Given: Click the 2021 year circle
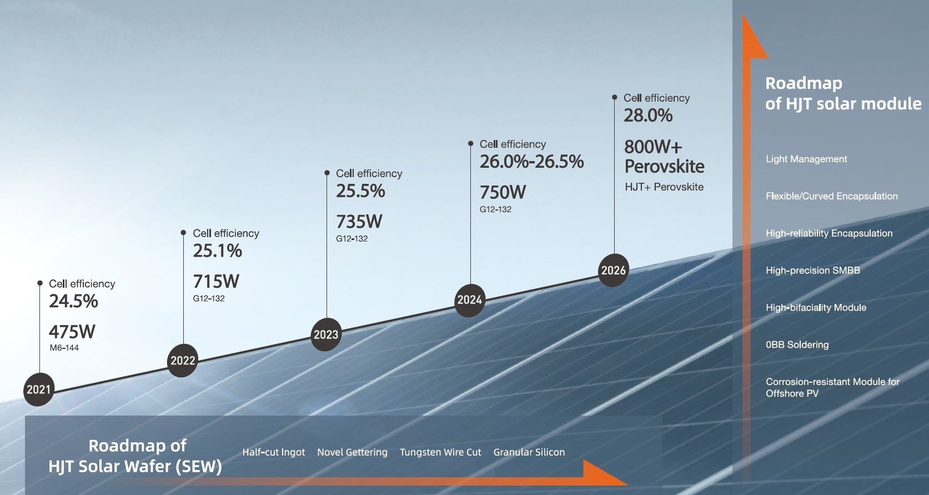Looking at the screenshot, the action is tap(38, 389).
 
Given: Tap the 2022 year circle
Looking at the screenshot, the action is tap(183, 360).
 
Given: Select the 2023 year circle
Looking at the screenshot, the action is tap(326, 334).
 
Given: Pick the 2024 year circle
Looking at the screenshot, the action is tap(469, 300).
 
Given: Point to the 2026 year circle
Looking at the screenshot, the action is tap(614, 270).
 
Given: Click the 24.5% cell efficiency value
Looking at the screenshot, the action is tap(73, 301).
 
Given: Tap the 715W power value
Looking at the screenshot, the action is tap(216, 282).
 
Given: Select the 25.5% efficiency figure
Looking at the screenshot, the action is tap(360, 191).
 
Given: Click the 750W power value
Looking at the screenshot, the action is tap(503, 193).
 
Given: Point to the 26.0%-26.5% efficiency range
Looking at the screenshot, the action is tap(531, 162).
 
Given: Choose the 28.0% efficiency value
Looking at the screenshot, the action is tap(648, 116).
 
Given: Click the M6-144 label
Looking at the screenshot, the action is tap(64, 348).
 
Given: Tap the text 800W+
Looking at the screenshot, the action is tap(653, 147).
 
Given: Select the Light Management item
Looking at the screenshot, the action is tap(806, 159).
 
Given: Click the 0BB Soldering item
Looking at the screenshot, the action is tap(797, 345).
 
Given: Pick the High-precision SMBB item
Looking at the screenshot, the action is tap(813, 271).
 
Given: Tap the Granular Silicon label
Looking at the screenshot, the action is tap(529, 452).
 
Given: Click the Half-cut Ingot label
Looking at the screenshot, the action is tap(274, 452).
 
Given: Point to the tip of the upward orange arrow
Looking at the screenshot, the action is tap(743, 14).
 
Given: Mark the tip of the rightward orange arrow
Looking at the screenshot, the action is tap(628, 484).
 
